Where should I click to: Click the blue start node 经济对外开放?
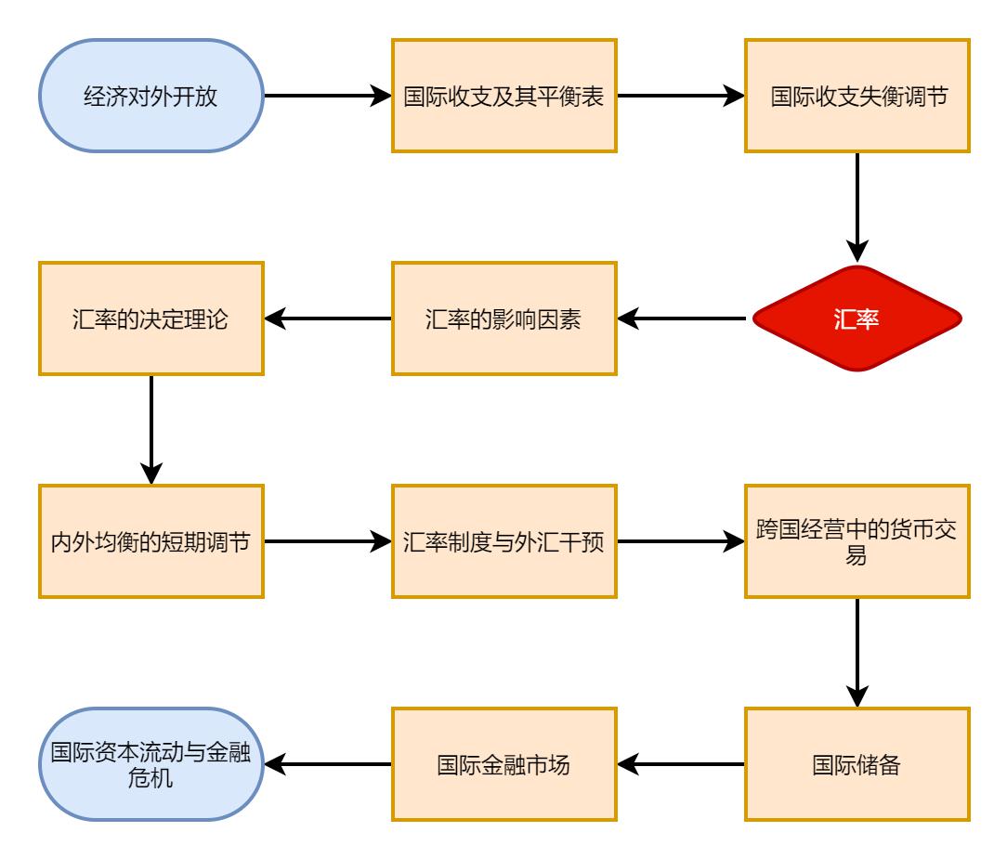(x=150, y=96)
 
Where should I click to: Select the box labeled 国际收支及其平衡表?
(x=503, y=96)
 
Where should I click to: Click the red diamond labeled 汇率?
(x=857, y=318)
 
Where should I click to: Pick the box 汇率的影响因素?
(x=503, y=318)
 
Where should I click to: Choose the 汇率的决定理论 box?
(x=150, y=318)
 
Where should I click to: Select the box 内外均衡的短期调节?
(x=150, y=541)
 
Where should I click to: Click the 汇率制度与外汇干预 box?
(x=503, y=541)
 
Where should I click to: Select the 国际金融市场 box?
(x=503, y=764)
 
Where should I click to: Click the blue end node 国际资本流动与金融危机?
(x=150, y=764)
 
